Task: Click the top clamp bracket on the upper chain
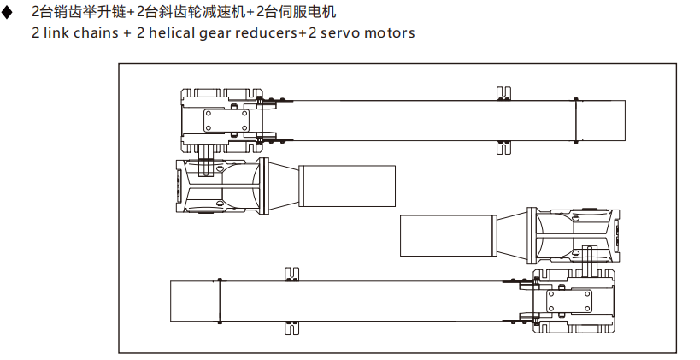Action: coord(503,94)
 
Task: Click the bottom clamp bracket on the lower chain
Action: coord(291,326)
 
